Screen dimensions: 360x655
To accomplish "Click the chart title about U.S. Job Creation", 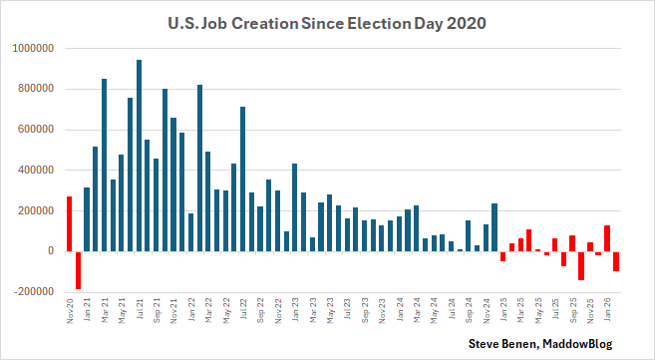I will [x=327, y=21].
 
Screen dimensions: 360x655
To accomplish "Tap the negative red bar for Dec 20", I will [x=78, y=270].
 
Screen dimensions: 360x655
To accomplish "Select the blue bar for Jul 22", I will [x=243, y=179].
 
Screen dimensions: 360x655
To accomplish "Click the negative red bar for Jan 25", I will [x=503, y=256].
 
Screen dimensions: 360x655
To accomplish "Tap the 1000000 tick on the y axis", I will [x=34, y=48].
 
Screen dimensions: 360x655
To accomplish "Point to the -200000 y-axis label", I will [x=34, y=292].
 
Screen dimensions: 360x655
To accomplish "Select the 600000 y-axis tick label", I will [x=37, y=130].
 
